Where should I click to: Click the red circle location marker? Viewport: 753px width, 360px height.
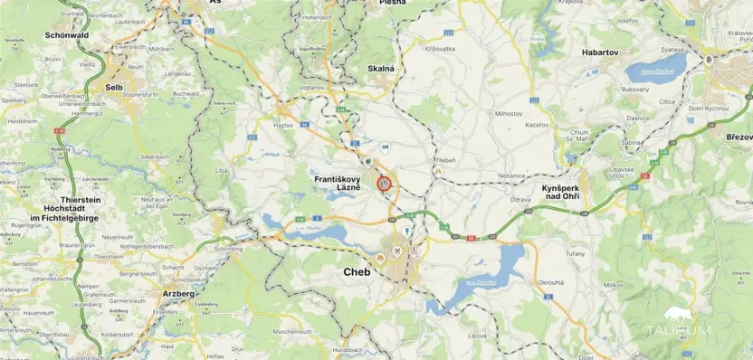click(384, 184)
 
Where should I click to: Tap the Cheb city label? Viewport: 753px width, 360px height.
click(357, 270)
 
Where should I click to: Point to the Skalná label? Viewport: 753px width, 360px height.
click(381, 68)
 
